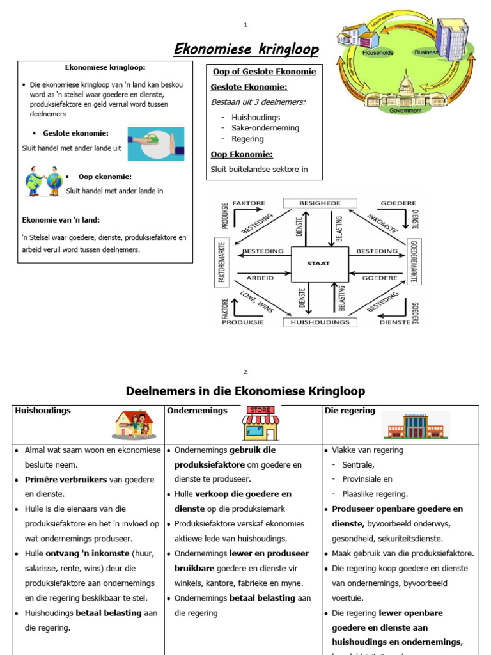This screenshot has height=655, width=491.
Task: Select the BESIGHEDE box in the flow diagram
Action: pos(320,203)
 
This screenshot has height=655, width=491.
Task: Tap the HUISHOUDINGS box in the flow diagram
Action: pos(320,322)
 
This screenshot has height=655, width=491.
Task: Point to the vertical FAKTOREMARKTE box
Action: pos(222,262)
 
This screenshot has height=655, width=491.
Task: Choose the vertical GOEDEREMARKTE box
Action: pos(414,262)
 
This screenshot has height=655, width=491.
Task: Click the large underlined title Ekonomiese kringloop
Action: pos(246,50)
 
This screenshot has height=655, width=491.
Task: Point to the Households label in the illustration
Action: pos(378,52)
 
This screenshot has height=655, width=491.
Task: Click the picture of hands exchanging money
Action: pos(155,143)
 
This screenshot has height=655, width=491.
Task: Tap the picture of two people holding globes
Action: pos(44,181)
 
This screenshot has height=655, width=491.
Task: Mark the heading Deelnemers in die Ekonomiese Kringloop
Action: pos(245,391)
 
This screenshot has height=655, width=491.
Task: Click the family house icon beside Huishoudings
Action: pos(134,424)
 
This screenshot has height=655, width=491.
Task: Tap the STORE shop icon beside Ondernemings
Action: pos(260,423)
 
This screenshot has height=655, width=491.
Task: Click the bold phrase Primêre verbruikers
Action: pos(66,479)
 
